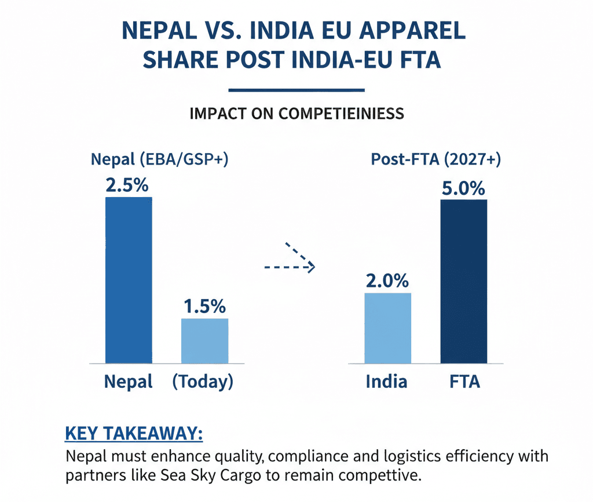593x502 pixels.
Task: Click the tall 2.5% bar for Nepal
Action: pos(128,280)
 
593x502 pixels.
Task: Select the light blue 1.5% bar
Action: pos(204,341)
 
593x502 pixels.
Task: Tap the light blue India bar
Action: pos(387,328)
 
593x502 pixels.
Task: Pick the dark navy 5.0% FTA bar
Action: pos(463,281)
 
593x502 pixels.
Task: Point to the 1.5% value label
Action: pos(204,307)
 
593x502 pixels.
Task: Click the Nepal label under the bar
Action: pos(128,381)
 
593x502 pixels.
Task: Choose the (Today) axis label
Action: pos(203,381)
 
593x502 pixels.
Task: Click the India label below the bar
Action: pos(386,381)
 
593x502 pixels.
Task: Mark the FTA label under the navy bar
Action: pos(464,381)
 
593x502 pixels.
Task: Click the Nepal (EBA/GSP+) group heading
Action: pos(159,159)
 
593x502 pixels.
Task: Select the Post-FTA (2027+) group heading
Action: pos(435,159)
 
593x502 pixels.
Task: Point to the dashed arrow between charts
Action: pos(290,261)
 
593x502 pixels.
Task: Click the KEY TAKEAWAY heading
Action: pos(134,434)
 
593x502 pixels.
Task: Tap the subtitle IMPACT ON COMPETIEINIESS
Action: pos(296,113)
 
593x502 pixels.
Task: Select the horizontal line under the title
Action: pos(296,90)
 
